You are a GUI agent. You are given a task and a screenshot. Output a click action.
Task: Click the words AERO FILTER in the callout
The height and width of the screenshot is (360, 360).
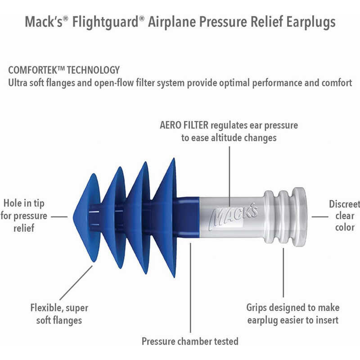(184, 125)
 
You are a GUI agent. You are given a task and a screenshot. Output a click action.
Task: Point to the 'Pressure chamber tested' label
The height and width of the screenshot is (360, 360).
(190, 342)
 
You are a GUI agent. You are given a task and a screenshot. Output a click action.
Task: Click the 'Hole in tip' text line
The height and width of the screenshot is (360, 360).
(24, 203)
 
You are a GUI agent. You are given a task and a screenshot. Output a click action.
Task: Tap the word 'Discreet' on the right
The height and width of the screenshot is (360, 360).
(344, 204)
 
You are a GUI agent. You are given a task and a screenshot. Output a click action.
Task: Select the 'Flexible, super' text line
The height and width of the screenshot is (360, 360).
(59, 308)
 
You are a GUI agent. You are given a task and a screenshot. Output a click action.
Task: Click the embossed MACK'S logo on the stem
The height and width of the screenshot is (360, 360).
(233, 216)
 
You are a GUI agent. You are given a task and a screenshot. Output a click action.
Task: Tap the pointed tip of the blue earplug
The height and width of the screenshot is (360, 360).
(74, 217)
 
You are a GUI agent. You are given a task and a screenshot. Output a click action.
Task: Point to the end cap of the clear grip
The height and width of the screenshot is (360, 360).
(300, 217)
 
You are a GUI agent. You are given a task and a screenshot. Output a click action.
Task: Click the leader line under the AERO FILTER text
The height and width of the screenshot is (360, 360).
(229, 176)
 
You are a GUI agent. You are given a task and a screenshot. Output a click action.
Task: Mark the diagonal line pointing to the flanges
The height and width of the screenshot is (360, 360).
(76, 283)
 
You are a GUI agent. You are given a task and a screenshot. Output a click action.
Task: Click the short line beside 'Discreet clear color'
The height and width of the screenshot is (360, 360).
(320, 216)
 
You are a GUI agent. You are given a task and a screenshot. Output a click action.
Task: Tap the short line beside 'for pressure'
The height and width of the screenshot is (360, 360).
(59, 216)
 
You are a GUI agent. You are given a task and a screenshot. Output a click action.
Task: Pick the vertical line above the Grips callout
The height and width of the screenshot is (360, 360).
(283, 273)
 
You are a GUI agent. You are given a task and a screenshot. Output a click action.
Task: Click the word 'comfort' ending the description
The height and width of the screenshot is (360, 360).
(337, 83)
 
